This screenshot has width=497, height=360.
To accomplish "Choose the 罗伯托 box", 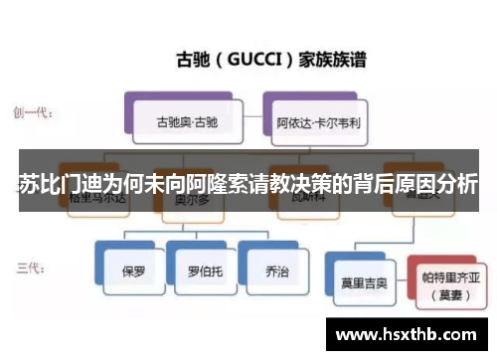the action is (203, 270).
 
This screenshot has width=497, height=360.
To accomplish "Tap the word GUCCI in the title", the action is (259, 58).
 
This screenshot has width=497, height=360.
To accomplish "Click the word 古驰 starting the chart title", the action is (191, 58).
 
